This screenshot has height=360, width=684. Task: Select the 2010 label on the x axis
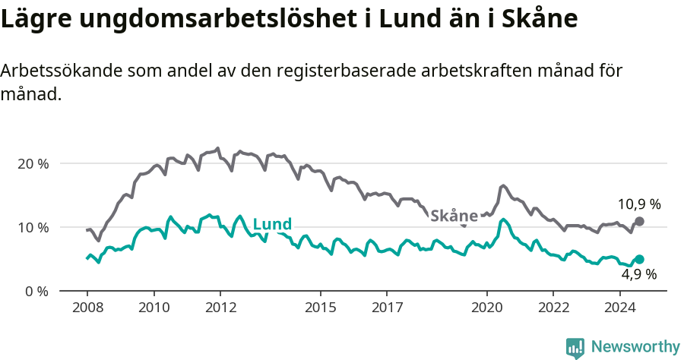(x=154, y=308)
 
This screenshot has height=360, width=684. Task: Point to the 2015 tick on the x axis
(x=321, y=308)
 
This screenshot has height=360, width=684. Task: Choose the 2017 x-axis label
(x=387, y=308)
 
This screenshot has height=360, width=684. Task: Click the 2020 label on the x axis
(x=487, y=308)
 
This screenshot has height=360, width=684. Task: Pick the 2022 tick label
(x=553, y=308)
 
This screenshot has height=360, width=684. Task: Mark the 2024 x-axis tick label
(x=620, y=308)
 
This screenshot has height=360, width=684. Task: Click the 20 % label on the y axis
(x=32, y=163)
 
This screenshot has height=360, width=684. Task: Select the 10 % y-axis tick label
(x=32, y=227)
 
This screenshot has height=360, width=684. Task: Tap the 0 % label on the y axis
(x=36, y=291)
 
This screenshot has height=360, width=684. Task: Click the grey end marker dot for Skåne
(x=639, y=221)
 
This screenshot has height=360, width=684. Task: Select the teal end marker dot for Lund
(x=639, y=259)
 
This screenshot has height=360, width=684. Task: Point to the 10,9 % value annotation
(x=639, y=204)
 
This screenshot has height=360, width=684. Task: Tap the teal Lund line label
(x=272, y=224)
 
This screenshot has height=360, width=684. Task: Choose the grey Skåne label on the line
(x=454, y=216)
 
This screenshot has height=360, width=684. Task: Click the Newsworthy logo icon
(x=575, y=347)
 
